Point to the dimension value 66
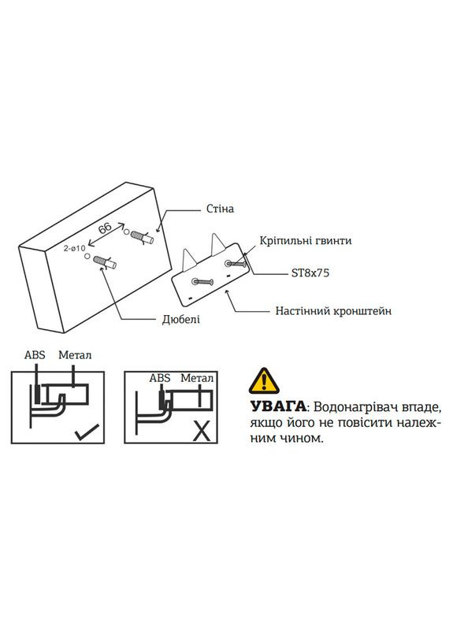coord(105,228)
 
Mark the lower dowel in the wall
coord(104,261)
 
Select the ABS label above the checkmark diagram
coord(35,355)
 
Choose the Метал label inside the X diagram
coord(197,378)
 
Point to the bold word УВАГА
coord(278,408)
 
